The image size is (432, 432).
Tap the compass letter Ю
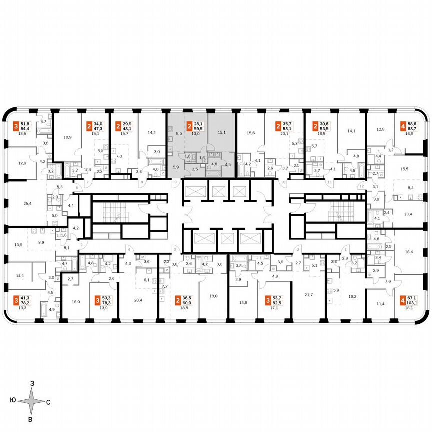point(12,401)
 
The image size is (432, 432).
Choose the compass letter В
point(31,419)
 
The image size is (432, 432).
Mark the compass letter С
point(48,401)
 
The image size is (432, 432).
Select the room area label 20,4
point(138,300)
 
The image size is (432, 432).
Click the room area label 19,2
point(353,296)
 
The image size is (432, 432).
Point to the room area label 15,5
point(404,169)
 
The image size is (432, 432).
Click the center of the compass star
point(31,401)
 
